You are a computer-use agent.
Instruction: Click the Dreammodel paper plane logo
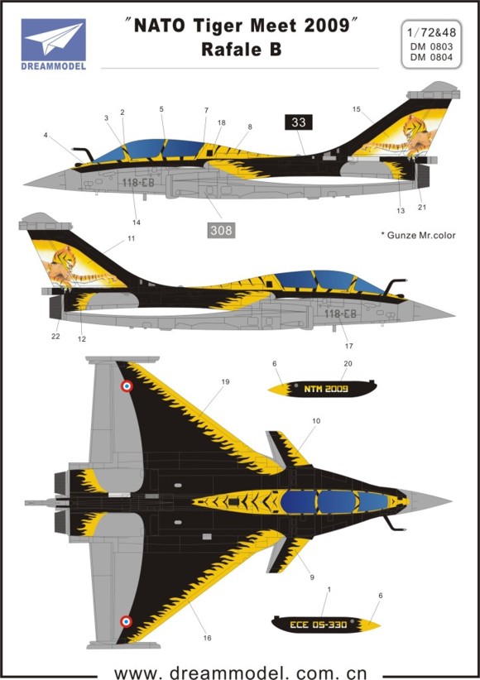coord(54,40)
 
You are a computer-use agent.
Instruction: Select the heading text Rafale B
coord(242,50)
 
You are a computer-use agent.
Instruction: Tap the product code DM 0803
coord(431,46)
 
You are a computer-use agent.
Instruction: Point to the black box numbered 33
coord(299,122)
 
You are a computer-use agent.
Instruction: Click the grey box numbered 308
coord(221,230)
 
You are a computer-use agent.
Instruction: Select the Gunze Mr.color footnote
coord(419,236)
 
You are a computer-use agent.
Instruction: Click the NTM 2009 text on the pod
coord(326,389)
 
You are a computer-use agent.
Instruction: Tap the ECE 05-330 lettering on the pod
coord(318,625)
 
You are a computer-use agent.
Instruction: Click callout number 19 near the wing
coord(225,381)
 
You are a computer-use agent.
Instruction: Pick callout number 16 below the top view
coord(207,638)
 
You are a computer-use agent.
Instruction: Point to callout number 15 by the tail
coord(357,109)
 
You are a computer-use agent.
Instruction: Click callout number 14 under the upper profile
coord(137,223)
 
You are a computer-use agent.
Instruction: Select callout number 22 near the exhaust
coord(55,336)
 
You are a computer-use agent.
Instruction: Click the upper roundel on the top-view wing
coord(127,385)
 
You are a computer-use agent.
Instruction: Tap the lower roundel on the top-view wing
coord(126,621)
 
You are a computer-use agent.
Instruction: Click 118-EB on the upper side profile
coord(138,183)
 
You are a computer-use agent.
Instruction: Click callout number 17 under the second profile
coord(349,346)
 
